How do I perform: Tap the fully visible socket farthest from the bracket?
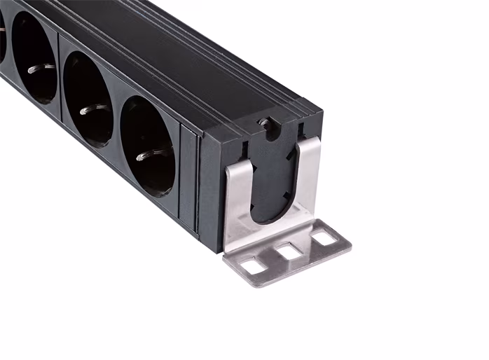(34, 58)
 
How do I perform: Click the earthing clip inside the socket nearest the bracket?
(153, 155)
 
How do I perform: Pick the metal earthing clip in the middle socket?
(92, 110)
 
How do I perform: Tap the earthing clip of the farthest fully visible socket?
(41, 68)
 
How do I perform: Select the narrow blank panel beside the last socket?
(188, 179)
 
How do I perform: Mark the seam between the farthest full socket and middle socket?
(60, 77)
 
